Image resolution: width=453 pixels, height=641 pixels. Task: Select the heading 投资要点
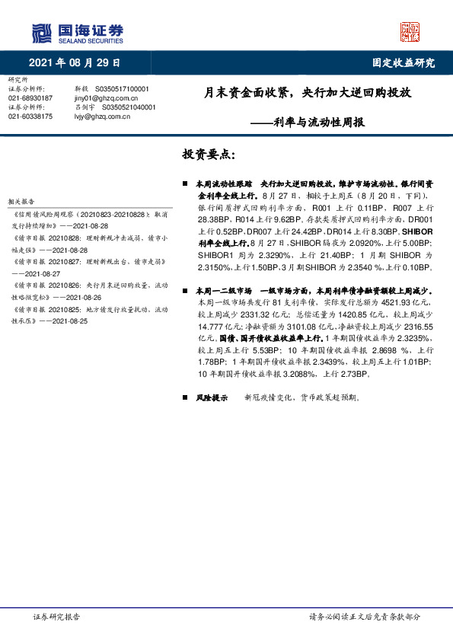click(209, 155)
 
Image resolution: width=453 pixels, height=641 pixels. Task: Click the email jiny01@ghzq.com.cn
click(107, 98)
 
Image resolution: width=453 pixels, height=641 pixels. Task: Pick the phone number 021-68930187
click(30, 98)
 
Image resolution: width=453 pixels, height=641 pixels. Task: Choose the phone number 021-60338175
click(30, 116)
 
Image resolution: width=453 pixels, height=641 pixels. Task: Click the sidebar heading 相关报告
click(19, 201)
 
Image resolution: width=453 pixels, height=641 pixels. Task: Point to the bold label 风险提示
click(212, 397)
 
